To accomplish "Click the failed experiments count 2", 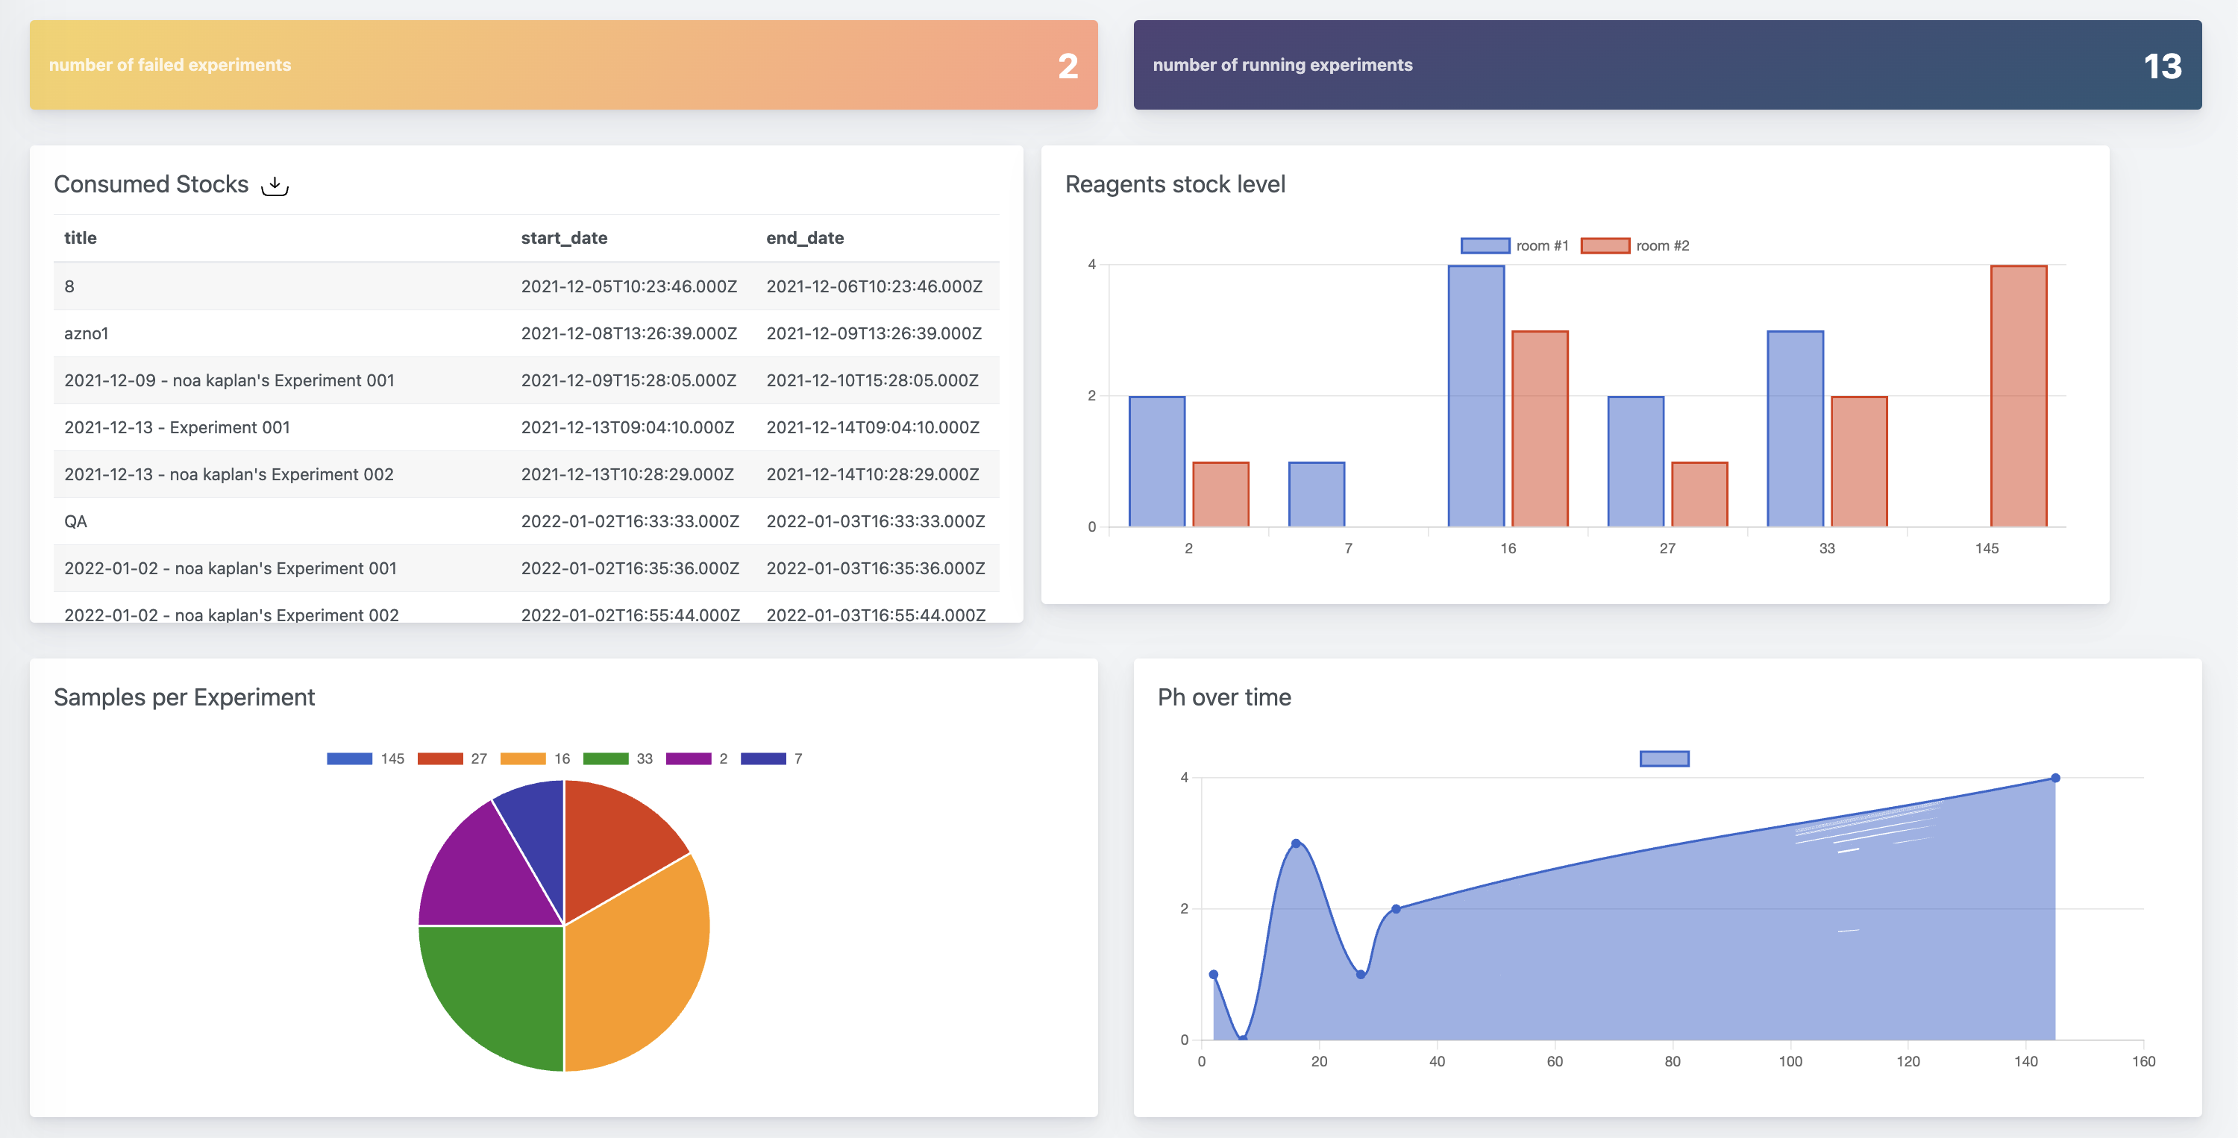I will (x=1067, y=66).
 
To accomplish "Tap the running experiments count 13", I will (x=2162, y=66).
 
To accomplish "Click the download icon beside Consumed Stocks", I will (x=275, y=185).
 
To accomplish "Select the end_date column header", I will (x=804, y=238).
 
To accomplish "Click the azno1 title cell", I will (x=86, y=333).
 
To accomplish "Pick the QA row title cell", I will (x=75, y=521).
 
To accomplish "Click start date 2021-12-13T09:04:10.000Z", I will (x=627, y=427).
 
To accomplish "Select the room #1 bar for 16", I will (x=1476, y=396).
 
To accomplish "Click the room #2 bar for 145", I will (x=2018, y=396).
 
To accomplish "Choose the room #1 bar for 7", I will (x=1316, y=494).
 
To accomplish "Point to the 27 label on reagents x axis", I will (x=1667, y=548).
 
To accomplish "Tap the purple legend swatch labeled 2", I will (x=688, y=758).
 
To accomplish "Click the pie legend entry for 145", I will (x=366, y=758).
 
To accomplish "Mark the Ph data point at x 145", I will (x=2054, y=778).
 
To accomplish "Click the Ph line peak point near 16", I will (x=1295, y=843).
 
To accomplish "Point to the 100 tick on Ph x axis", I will (x=1790, y=1060).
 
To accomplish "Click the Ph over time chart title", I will (x=1223, y=697).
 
